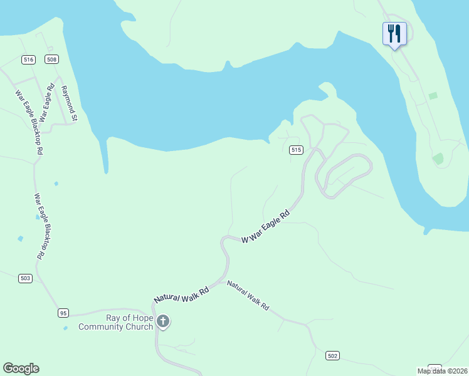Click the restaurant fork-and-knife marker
pos(394,34)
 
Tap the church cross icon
pos(162,322)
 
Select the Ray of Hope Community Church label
pos(115,322)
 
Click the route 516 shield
pos(28,60)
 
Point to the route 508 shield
pos(51,60)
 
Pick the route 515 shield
pos(297,150)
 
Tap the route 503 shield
pos(25,278)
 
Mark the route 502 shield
pos(333,355)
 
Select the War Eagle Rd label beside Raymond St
pos(46,103)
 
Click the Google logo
pos(21,368)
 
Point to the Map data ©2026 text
pos(443,371)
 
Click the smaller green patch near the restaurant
pos(433,96)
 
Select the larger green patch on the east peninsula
pos(438,159)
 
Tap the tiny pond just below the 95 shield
pos(65,328)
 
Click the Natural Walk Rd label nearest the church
pos(182,294)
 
